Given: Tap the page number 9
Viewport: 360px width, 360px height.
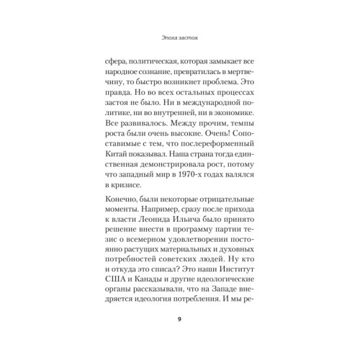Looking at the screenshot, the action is pyautogui.click(x=179, y=319).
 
